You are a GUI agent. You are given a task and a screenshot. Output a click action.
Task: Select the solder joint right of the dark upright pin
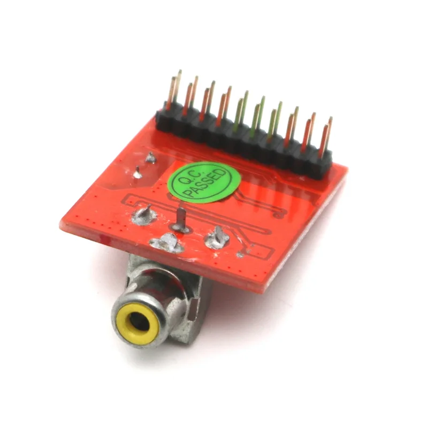coord(217,237)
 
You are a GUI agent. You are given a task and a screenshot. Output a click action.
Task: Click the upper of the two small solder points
coord(151,157)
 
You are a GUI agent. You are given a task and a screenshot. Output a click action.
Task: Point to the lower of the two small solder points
coord(137,172)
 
